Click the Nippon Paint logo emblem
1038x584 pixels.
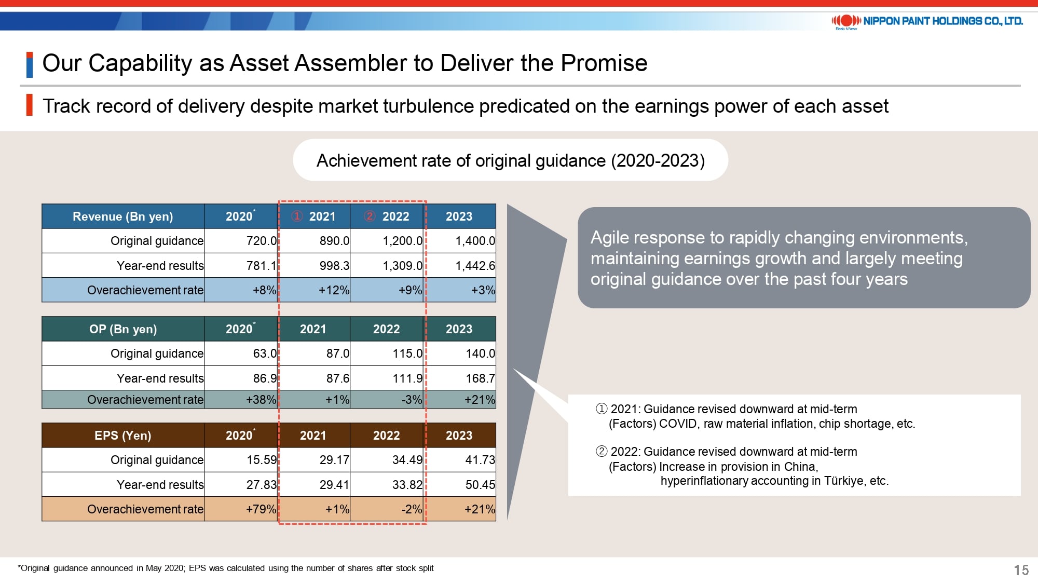point(846,21)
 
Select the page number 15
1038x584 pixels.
point(1021,570)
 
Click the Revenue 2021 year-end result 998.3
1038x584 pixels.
point(334,266)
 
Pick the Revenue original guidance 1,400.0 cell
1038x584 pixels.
point(475,241)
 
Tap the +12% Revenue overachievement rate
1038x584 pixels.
point(334,290)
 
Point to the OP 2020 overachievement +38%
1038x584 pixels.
point(261,400)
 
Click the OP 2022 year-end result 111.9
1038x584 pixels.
point(407,378)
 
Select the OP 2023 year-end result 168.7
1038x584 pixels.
point(480,378)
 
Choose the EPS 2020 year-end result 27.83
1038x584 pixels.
point(262,485)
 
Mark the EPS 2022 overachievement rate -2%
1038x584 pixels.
point(412,509)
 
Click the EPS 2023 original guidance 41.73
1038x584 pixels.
point(480,460)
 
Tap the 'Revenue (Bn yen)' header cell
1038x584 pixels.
point(123,216)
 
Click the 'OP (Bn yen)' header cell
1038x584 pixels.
point(123,329)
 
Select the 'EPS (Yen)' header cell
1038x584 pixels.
point(123,436)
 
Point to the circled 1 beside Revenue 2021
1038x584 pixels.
point(297,216)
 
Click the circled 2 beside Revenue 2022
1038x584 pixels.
point(370,216)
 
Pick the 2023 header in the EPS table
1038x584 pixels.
point(459,436)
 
